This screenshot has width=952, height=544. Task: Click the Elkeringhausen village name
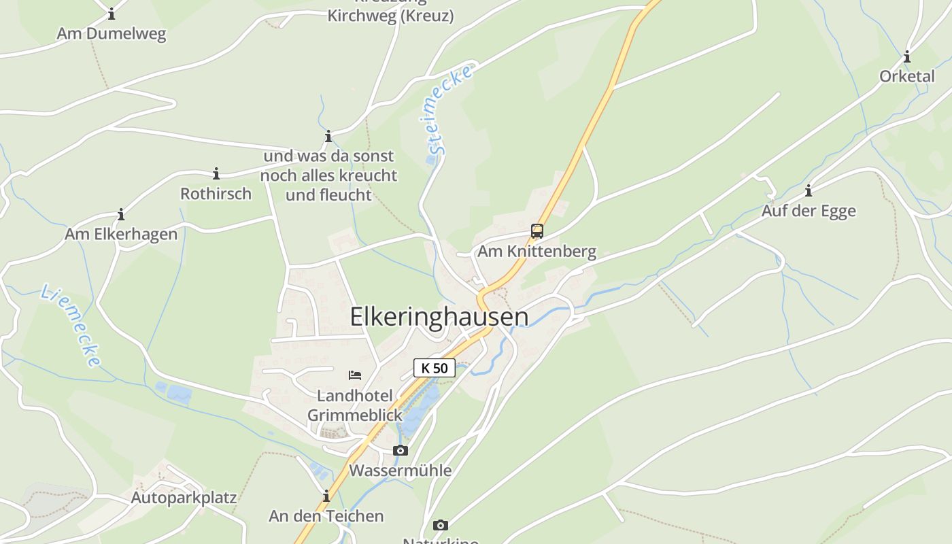pyautogui.click(x=439, y=317)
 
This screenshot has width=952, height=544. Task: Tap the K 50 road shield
pyautogui.click(x=435, y=368)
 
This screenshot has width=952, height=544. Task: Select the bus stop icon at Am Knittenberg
pyautogui.click(x=537, y=231)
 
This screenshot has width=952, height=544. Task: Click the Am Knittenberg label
pyautogui.click(x=537, y=252)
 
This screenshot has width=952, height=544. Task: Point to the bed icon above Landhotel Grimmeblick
pyautogui.click(x=354, y=375)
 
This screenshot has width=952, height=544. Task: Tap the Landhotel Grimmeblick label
pyautogui.click(x=355, y=405)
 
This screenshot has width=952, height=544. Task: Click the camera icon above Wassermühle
pyautogui.click(x=401, y=450)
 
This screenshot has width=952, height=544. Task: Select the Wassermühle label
pyautogui.click(x=400, y=470)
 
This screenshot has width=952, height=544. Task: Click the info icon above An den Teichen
pyautogui.click(x=326, y=496)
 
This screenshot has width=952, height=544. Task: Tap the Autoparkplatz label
pyautogui.click(x=184, y=498)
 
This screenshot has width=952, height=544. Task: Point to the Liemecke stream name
pyautogui.click(x=71, y=326)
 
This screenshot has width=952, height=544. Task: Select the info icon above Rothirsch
pyautogui.click(x=216, y=174)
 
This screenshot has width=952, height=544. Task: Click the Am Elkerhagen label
pyautogui.click(x=121, y=235)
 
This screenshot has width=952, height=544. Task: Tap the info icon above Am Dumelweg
pyautogui.click(x=112, y=14)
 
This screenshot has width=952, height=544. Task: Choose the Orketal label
pyautogui.click(x=907, y=76)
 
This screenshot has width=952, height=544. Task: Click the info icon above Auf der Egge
pyautogui.click(x=809, y=190)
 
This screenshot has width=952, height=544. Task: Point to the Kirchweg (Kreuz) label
pyautogui.click(x=390, y=16)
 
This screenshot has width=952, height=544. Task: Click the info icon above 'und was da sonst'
pyautogui.click(x=328, y=137)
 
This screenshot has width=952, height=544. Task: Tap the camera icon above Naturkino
pyautogui.click(x=441, y=525)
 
